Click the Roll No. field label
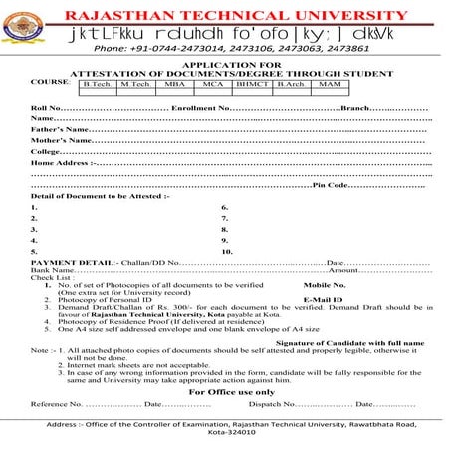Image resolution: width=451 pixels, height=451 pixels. [46, 106]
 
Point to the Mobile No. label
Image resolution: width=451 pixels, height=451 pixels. [323, 285]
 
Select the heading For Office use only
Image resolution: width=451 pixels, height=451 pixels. [226, 391]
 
